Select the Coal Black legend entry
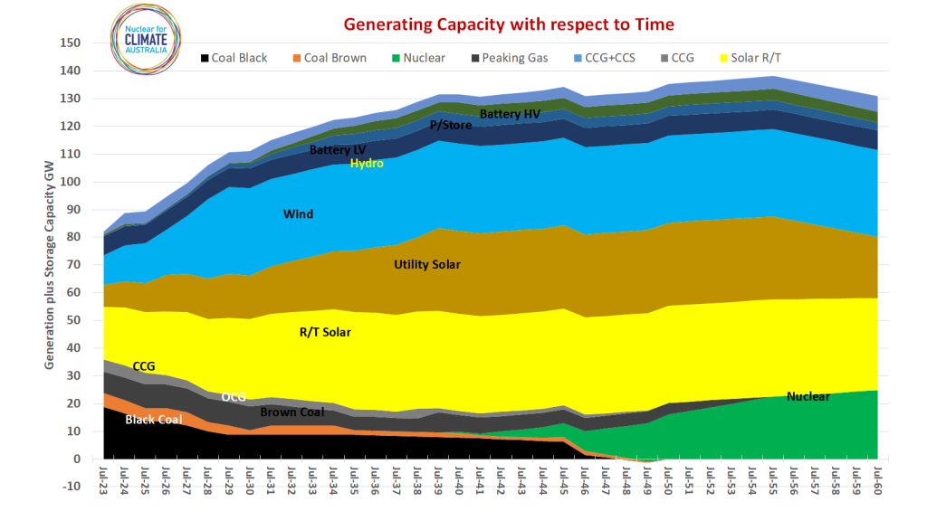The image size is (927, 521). point(234,58)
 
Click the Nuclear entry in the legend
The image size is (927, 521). point(417,58)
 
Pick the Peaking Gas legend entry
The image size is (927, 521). point(507,58)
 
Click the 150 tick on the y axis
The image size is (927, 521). point(72,43)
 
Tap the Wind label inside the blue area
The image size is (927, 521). point(299,214)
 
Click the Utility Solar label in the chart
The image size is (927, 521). point(426,265)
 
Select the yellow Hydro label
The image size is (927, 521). point(367,164)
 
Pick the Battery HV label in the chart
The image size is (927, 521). point(510,114)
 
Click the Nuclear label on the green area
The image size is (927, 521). point(808,396)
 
